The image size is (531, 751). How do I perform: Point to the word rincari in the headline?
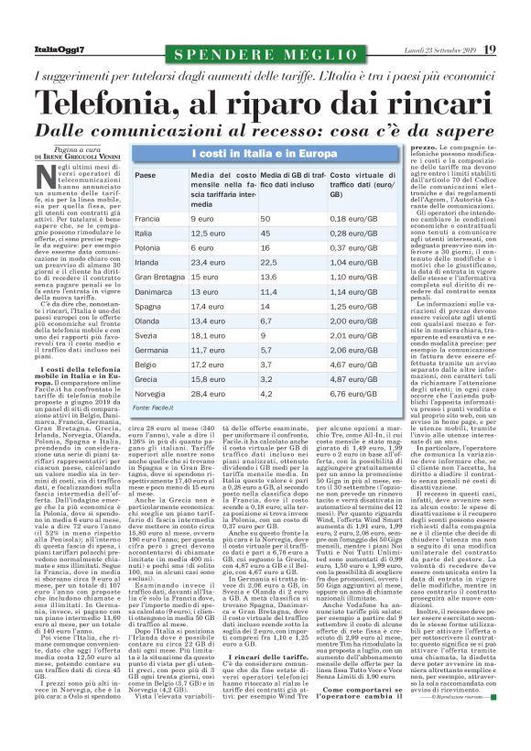(432, 100)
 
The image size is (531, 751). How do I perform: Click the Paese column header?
(145, 175)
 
